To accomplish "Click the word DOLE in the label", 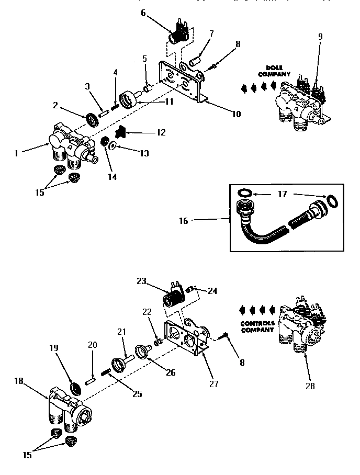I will pyautogui.click(x=271, y=67).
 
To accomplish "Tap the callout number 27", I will pyautogui.click(x=213, y=384).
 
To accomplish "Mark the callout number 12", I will pyautogui.click(x=161, y=132).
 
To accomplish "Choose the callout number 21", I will pyautogui.click(x=121, y=332).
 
